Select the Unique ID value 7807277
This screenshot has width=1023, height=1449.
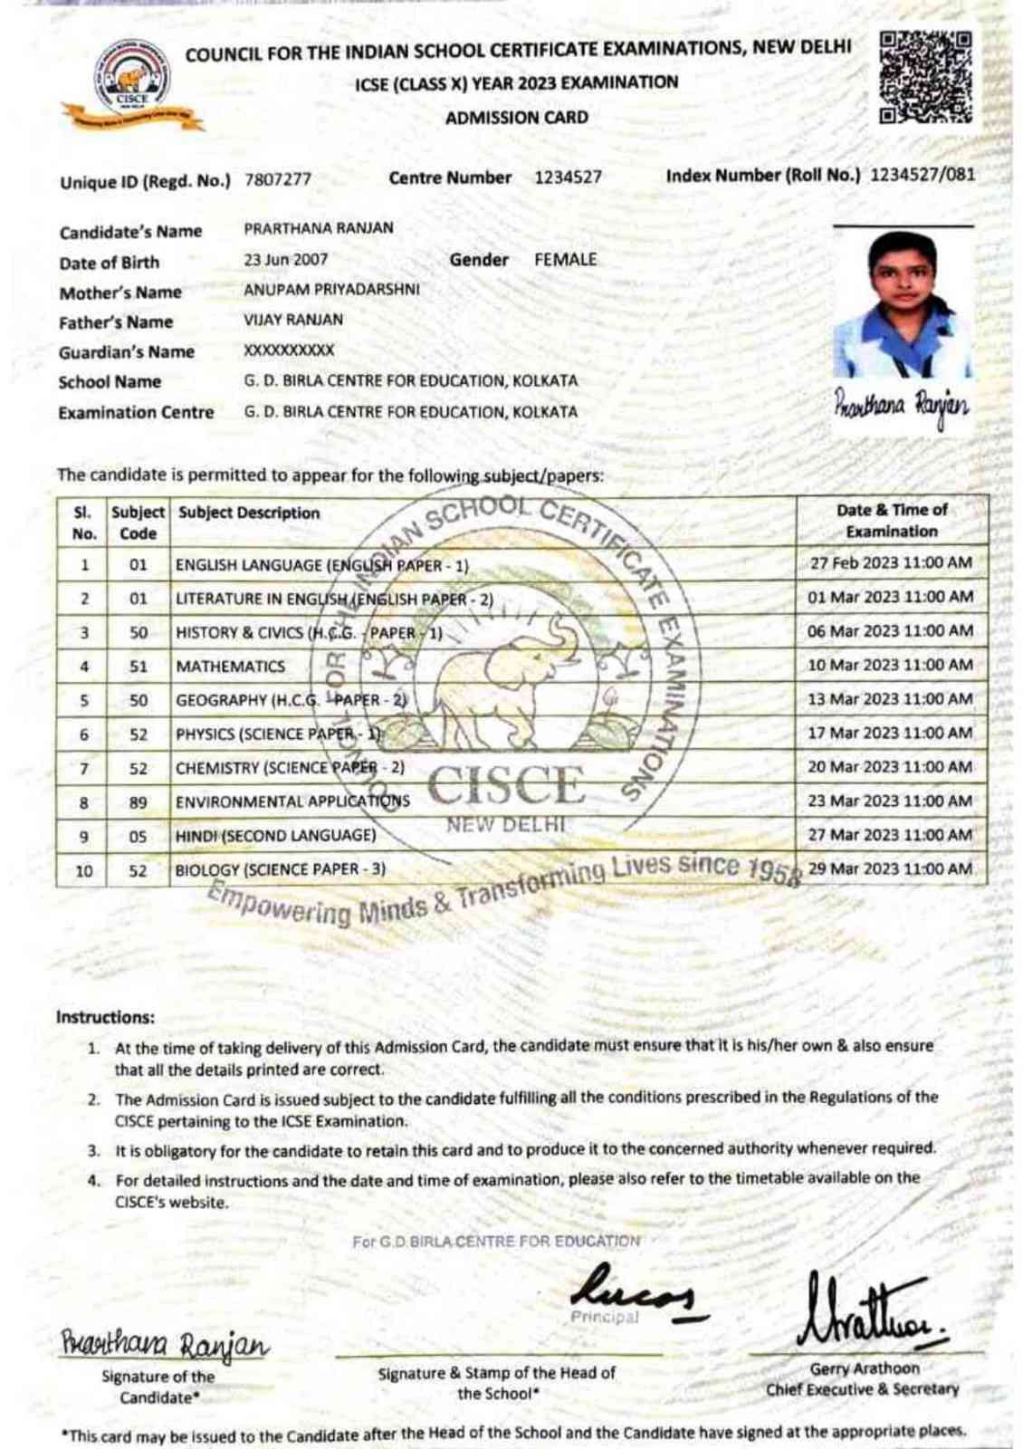tap(278, 179)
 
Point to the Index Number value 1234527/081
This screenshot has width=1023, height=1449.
tap(923, 175)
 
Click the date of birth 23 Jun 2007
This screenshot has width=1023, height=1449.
tap(286, 260)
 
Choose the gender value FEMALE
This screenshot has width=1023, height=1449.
tap(565, 260)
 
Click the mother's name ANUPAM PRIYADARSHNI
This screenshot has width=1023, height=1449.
tap(331, 290)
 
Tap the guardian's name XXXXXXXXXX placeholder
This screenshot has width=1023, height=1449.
tap(289, 350)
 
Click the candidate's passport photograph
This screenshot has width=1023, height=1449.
tap(902, 304)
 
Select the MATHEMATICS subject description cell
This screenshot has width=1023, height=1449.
tap(231, 667)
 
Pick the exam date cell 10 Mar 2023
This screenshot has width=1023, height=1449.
tap(890, 665)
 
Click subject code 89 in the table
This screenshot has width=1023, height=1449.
tap(138, 802)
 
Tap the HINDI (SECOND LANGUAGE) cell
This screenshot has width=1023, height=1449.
tap(275, 836)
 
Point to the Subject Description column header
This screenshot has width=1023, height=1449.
tap(249, 513)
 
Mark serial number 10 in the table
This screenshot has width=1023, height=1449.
tap(83, 870)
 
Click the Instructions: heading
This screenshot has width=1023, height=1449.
tap(105, 1017)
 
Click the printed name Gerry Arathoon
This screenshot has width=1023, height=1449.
tap(864, 1368)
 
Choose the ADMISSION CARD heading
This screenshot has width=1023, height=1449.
tap(516, 118)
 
